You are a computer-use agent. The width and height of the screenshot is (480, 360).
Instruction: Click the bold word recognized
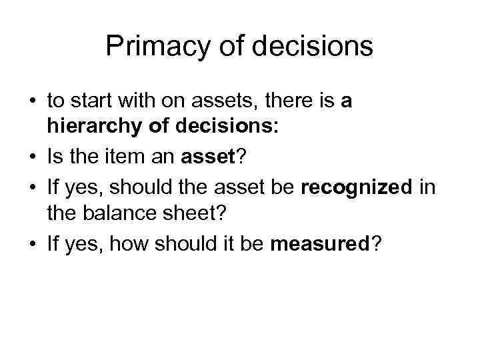pyautogui.click(x=357, y=188)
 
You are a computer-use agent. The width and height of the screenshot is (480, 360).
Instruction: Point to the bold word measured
pyautogui.click(x=319, y=245)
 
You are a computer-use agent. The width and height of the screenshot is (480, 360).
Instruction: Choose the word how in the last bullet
pyautogui.click(x=124, y=245)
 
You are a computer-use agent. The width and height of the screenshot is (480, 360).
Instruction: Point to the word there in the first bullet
pyautogui.click(x=279, y=101)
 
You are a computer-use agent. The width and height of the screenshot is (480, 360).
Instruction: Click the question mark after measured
pyautogui.click(x=378, y=245)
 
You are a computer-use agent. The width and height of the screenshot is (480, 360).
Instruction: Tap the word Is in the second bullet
pyautogui.click(x=55, y=158)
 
